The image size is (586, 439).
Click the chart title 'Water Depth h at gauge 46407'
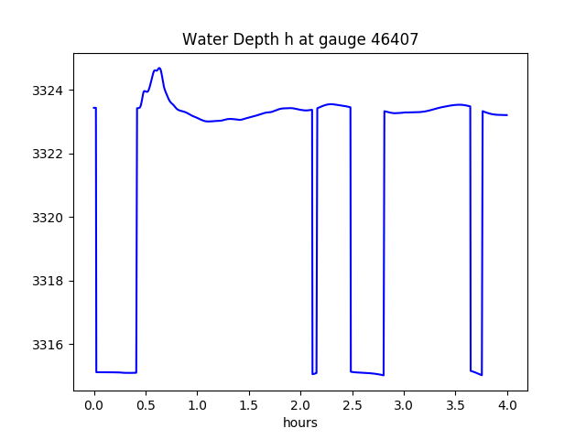(300, 39)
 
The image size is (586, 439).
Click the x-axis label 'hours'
(300, 423)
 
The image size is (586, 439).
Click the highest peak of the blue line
(159, 68)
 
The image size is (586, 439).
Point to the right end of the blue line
(506, 115)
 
